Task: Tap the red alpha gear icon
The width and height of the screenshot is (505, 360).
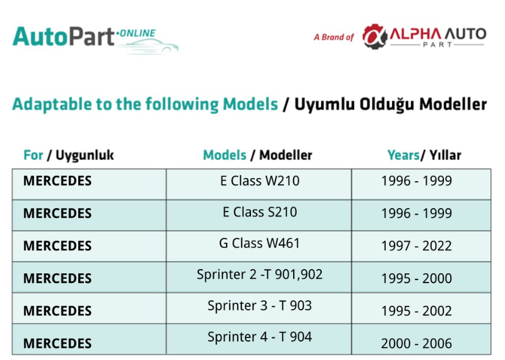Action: tap(374, 36)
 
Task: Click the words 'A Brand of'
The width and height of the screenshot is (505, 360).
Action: tap(334, 37)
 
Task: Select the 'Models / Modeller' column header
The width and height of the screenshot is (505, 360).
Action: tap(257, 155)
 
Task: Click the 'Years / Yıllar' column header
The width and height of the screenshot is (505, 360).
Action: tap(424, 155)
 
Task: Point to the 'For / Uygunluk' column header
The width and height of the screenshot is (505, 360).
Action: tap(68, 155)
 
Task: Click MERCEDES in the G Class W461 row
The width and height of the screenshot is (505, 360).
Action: tap(57, 246)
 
